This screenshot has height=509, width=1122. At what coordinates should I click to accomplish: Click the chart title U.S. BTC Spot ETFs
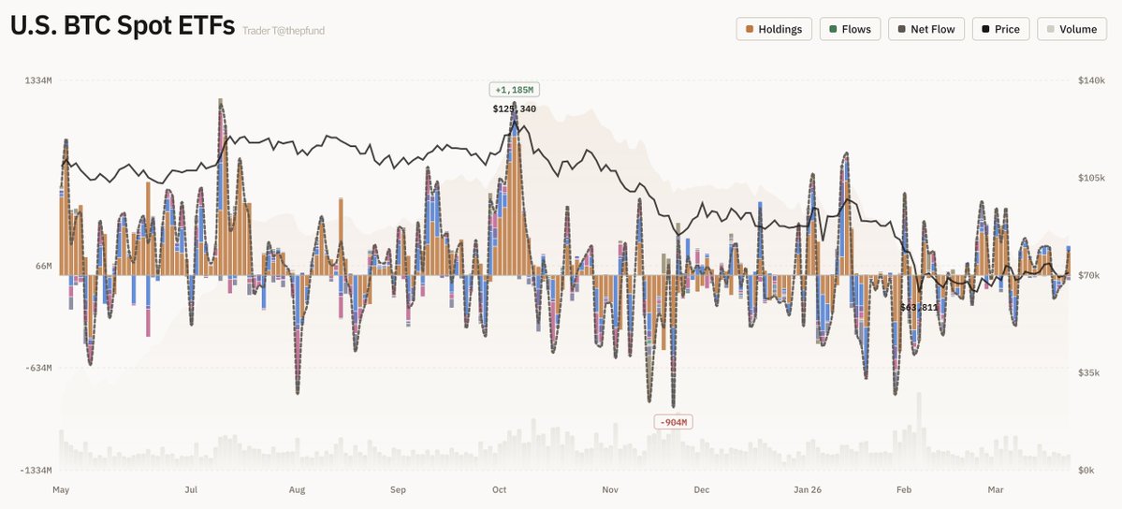tap(122, 27)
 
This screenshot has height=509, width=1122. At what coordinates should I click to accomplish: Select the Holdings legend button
tap(774, 29)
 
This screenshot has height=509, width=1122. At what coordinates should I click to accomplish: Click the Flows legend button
tap(850, 29)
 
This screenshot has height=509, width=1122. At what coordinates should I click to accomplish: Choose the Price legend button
tap(1000, 29)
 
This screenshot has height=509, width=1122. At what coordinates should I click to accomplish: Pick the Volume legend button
tap(1071, 29)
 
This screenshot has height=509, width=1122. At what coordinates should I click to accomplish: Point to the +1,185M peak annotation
tap(514, 90)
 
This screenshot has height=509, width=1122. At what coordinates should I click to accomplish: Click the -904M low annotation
tap(673, 422)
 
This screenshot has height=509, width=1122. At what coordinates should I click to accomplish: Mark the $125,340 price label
tap(514, 109)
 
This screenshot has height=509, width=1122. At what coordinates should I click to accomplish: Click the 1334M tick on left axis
tap(38, 81)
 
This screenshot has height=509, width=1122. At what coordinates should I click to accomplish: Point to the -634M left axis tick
tap(37, 368)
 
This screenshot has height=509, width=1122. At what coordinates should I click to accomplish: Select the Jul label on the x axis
tap(191, 489)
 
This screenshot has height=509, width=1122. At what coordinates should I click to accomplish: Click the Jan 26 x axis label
tap(807, 489)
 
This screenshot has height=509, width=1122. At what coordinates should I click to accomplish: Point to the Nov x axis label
tap(611, 489)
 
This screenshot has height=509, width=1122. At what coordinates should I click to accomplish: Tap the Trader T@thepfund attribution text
tap(284, 31)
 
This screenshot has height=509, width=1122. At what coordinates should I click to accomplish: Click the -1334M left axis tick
tap(36, 470)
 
